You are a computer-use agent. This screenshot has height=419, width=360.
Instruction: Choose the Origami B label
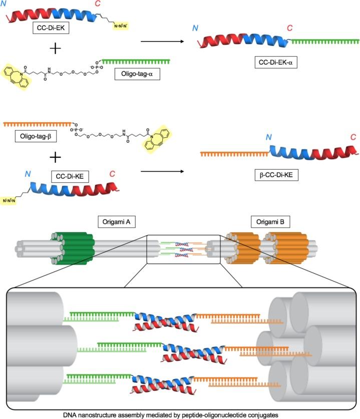tap(268, 221)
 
